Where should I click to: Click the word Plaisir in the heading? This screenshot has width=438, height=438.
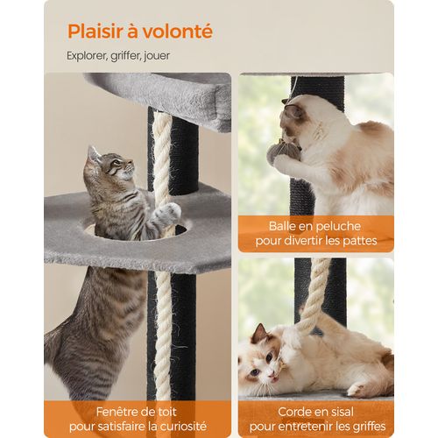coord(95,32)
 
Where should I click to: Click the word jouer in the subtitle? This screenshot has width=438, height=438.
coord(154,55)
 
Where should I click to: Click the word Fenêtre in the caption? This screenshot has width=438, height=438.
coord(94,410)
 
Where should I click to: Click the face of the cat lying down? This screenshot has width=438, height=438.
coord(262,355)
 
